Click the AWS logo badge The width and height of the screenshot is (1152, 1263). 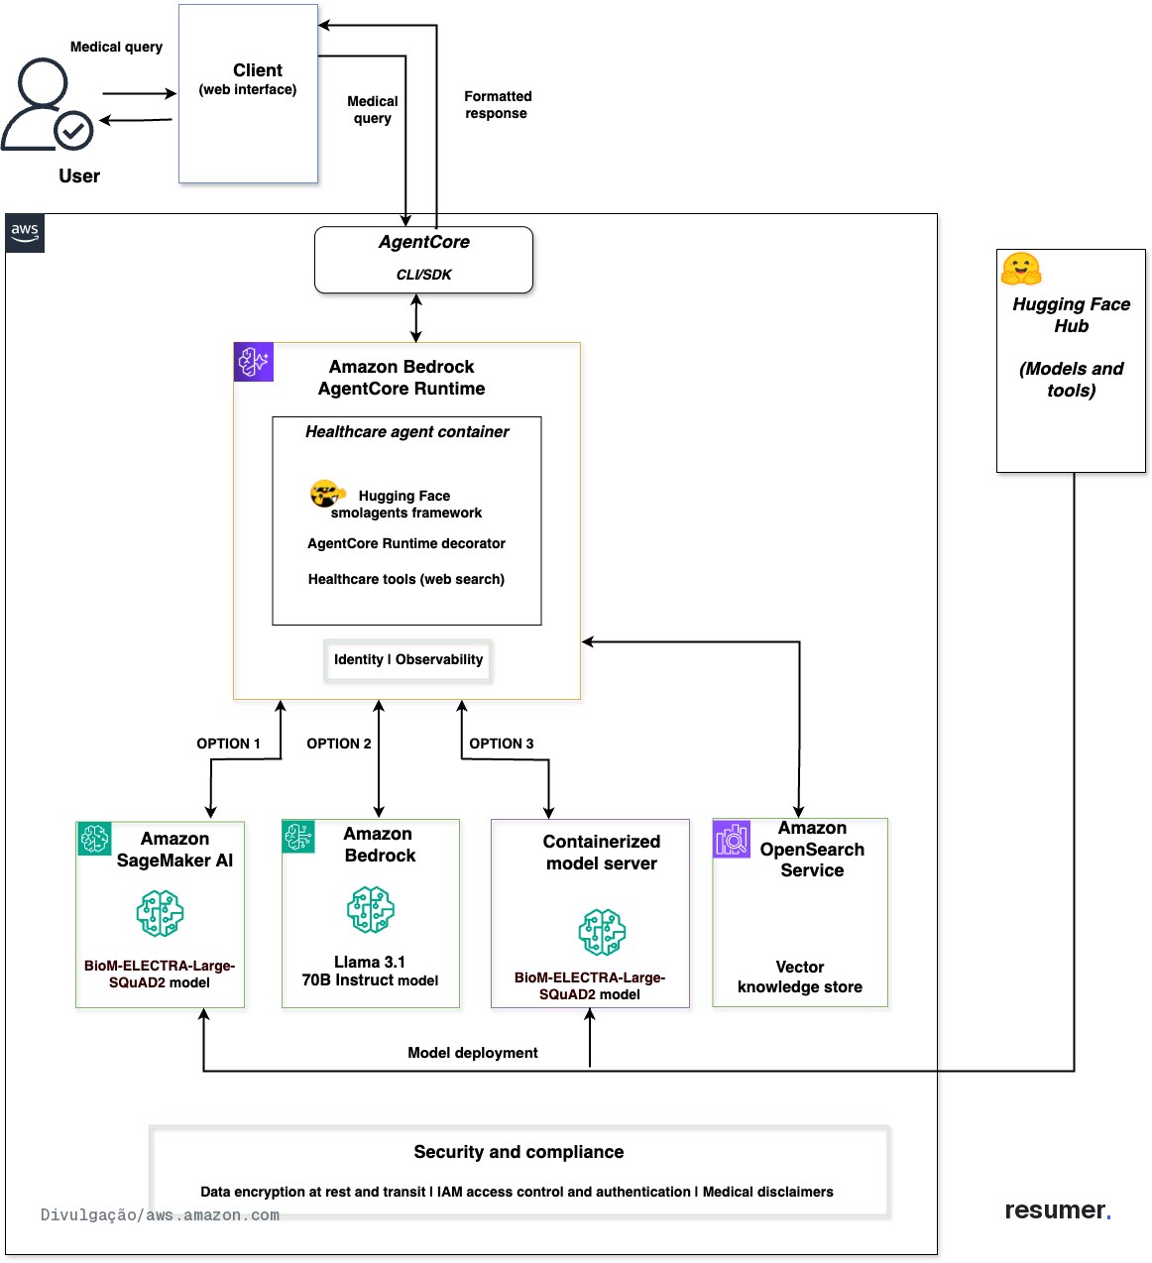click(25, 233)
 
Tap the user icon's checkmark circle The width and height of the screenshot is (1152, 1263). click(73, 130)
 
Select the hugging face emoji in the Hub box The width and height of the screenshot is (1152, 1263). click(1020, 269)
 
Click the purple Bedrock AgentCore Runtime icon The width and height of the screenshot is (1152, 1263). click(253, 362)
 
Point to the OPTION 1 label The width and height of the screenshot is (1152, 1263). click(228, 744)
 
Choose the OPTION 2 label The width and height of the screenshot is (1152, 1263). click(338, 744)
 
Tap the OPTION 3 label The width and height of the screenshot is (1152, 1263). click(501, 744)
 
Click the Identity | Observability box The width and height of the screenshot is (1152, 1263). click(407, 660)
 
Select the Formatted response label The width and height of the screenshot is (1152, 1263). click(498, 104)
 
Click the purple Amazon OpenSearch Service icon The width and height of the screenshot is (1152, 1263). click(732, 840)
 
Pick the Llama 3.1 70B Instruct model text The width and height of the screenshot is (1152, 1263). click(370, 971)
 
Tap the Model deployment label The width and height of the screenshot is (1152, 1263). click(472, 1053)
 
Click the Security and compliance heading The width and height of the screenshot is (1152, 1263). click(518, 1152)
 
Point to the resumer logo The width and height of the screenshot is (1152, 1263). click(1058, 1209)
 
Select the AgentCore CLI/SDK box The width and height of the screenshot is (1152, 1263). click(423, 260)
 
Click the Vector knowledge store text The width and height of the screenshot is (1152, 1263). click(799, 976)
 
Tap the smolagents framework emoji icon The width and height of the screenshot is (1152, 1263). click(327, 493)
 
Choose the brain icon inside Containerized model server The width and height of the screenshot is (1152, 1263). click(602, 932)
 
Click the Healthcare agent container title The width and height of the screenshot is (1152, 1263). click(406, 432)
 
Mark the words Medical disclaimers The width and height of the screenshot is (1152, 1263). click(767, 1192)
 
